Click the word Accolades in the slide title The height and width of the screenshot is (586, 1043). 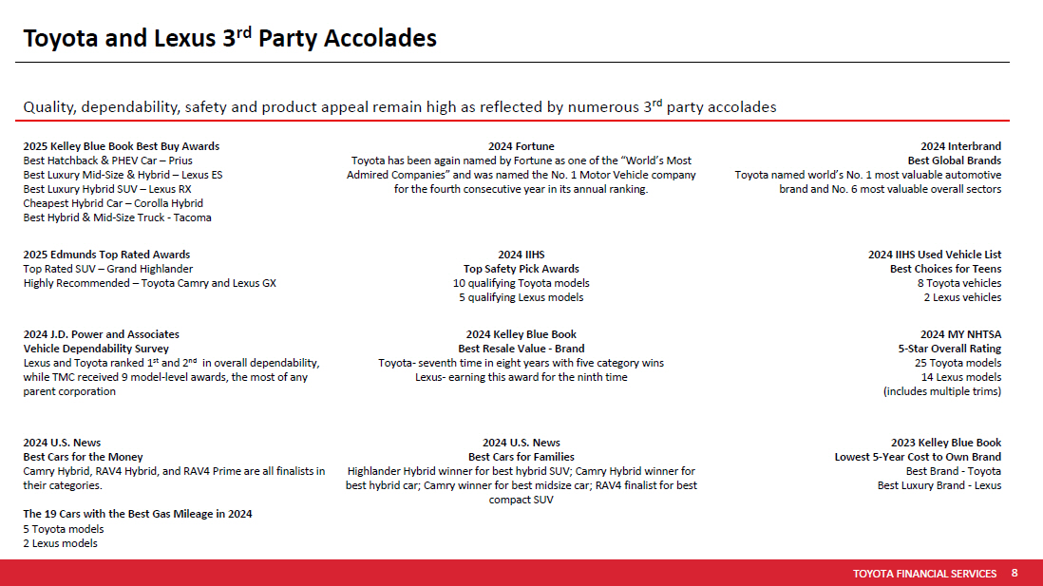380,39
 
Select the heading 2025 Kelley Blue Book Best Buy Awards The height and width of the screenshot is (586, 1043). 121,146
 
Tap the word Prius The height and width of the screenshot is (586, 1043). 180,161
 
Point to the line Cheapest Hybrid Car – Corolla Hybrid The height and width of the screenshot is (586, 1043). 113,203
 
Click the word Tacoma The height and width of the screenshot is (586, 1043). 192,217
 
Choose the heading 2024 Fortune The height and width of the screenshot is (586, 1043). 521,146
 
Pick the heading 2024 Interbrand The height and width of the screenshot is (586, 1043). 960,146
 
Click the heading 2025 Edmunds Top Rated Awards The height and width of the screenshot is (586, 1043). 106,255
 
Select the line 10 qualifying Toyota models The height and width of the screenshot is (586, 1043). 521,283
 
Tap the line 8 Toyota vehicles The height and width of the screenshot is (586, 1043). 959,283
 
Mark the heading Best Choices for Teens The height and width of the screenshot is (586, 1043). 945,269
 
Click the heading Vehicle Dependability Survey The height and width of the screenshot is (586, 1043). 96,349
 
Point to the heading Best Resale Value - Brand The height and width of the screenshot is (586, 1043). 521,349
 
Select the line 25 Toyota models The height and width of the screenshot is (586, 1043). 958,363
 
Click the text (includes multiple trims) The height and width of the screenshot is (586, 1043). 942,392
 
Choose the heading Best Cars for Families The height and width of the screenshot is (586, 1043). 521,457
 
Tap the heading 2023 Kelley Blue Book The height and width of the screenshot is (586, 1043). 946,443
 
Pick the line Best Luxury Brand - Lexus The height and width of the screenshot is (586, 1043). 939,485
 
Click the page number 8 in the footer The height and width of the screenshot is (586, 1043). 1015,573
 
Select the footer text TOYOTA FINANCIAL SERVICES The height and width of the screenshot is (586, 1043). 924,574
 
